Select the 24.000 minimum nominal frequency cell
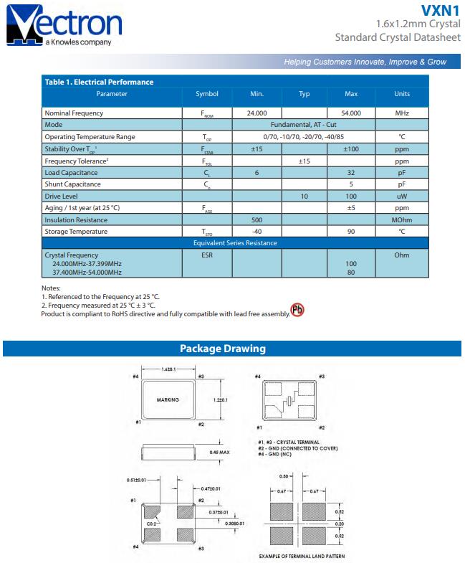point(257,113)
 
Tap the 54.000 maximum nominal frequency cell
point(351,113)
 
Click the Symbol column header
point(207,94)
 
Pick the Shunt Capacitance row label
point(72,184)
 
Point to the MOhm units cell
point(401,220)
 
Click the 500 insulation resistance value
point(257,220)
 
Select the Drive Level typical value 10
point(304,197)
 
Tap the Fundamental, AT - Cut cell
point(304,125)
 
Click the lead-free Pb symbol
point(297,311)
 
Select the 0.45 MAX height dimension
point(219,453)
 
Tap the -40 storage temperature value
point(257,232)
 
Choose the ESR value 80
point(351,273)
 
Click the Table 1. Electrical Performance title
point(99,82)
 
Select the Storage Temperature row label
point(76,232)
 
